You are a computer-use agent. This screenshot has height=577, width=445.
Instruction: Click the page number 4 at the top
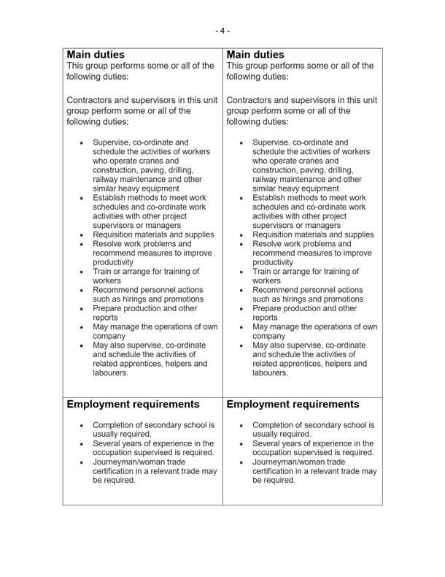(x=222, y=31)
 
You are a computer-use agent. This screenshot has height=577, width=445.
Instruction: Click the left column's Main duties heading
(x=96, y=55)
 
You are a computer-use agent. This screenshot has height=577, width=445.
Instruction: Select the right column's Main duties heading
(x=255, y=55)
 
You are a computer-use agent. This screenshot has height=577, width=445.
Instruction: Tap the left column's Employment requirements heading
(x=133, y=404)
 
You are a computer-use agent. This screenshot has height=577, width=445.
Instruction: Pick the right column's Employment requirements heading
(x=293, y=404)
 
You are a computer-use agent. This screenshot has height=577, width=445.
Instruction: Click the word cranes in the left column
(x=165, y=161)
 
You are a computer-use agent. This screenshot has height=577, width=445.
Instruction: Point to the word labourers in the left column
(x=109, y=372)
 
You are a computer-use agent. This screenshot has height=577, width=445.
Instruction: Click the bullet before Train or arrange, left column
(x=82, y=272)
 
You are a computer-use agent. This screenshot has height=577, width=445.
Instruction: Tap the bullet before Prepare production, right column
(x=241, y=308)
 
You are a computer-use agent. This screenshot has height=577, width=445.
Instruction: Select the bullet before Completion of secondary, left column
(x=82, y=424)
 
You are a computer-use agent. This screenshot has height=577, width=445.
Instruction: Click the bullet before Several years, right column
(x=241, y=443)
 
